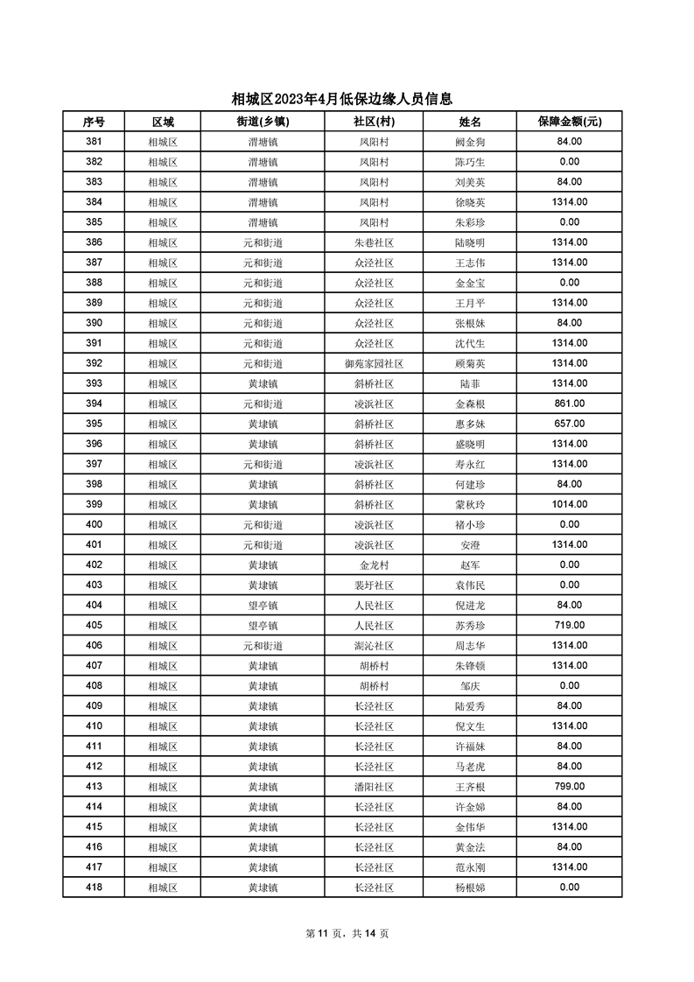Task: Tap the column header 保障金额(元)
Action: coord(569,122)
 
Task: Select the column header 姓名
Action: coord(469,122)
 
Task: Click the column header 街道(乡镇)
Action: coord(263,122)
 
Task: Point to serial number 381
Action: coord(94,142)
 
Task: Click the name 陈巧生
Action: coord(469,162)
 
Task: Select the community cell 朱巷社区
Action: coord(374,242)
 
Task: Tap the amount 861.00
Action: coord(569,403)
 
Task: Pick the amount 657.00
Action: coord(569,424)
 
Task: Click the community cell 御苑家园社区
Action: coord(374,363)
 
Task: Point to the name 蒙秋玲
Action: coord(469,504)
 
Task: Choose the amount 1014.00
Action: coord(569,504)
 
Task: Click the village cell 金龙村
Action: coord(374,565)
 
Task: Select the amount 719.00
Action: coord(569,625)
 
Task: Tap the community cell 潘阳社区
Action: coord(374,786)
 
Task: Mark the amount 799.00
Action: coord(569,786)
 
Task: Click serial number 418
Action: coord(94,887)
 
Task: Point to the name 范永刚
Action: coord(469,866)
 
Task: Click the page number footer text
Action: coord(347,933)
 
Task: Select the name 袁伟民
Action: coord(469,585)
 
